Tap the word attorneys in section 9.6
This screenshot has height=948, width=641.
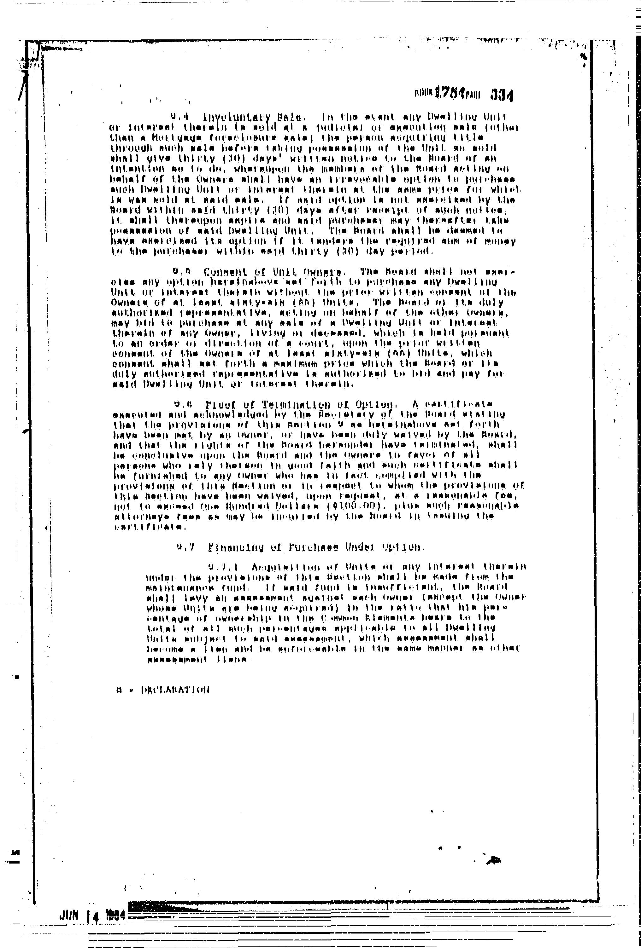pos(136,517)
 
